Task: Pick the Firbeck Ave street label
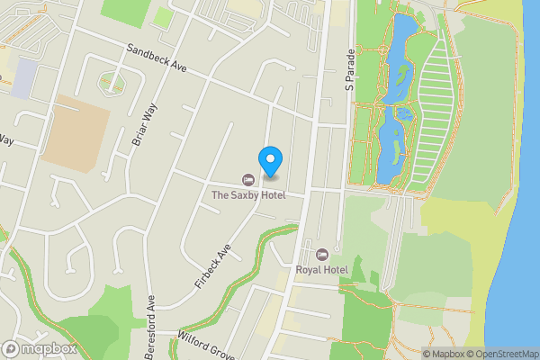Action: coord(213,265)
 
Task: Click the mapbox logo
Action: coord(39,349)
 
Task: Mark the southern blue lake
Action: coord(391,144)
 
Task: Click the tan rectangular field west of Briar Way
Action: coord(76,133)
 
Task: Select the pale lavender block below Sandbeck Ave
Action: coord(25,79)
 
